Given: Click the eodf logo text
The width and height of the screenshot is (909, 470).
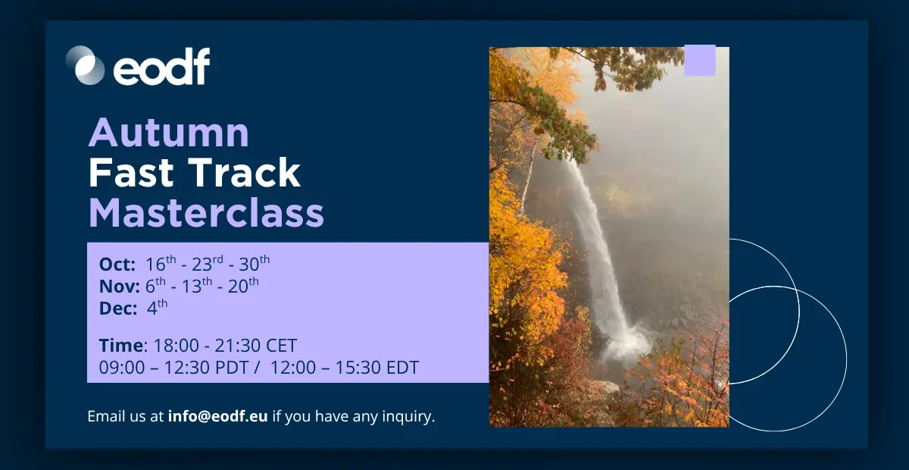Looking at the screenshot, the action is pyautogui.click(x=161, y=67).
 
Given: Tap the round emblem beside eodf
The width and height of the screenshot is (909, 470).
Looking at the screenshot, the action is pyautogui.click(x=85, y=65).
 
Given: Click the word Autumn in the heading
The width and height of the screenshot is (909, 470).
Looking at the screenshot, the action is pyautogui.click(x=169, y=133).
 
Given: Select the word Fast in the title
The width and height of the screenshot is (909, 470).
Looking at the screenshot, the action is pyautogui.click(x=131, y=173).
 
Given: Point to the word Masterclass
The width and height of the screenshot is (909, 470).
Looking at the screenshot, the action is pyautogui.click(x=206, y=212).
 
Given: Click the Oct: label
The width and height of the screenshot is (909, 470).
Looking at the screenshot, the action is pyautogui.click(x=117, y=265).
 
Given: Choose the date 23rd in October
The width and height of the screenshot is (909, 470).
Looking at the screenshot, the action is pyautogui.click(x=208, y=263).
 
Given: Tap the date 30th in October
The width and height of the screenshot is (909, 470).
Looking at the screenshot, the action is pyautogui.click(x=254, y=263).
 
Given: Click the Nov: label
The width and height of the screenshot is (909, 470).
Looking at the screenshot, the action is pyautogui.click(x=120, y=287).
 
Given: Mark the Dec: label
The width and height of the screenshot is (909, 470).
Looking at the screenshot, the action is pyautogui.click(x=118, y=309).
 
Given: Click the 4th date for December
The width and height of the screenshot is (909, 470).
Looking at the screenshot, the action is pyautogui.click(x=157, y=307).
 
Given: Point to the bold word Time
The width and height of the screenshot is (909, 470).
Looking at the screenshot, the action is pyautogui.click(x=121, y=345).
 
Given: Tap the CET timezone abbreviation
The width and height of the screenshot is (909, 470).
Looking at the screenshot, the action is pyautogui.click(x=281, y=345).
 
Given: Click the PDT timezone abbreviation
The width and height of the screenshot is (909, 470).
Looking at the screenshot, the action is pyautogui.click(x=231, y=367).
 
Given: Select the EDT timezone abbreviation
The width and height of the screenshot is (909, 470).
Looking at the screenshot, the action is pyautogui.click(x=402, y=367).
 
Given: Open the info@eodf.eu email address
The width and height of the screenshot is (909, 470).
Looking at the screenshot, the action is pyautogui.click(x=218, y=416).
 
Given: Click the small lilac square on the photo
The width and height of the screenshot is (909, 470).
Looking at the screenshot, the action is pyautogui.click(x=700, y=60).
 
